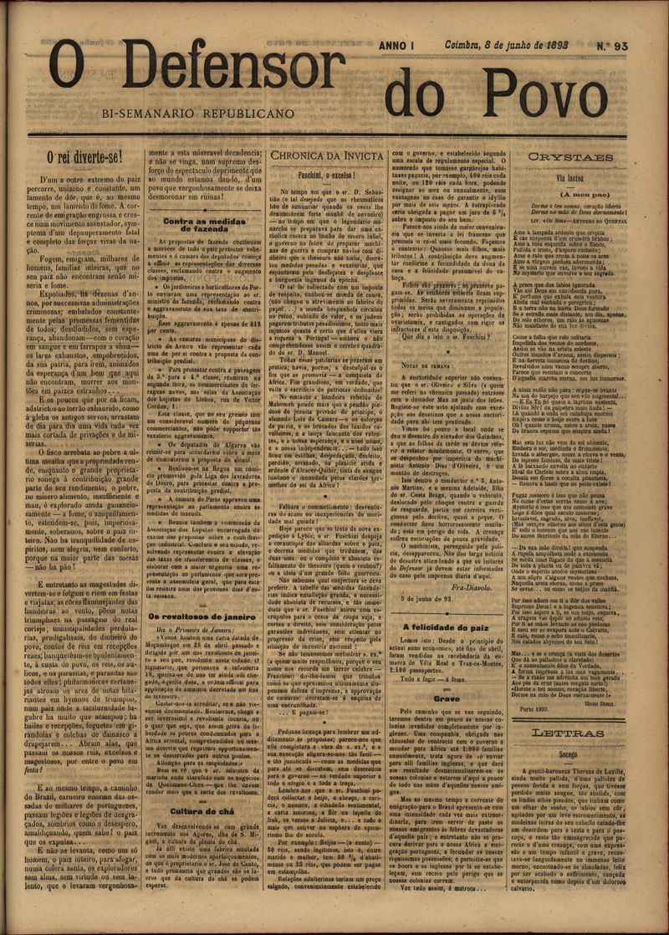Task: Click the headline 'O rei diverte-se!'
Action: point(84,156)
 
